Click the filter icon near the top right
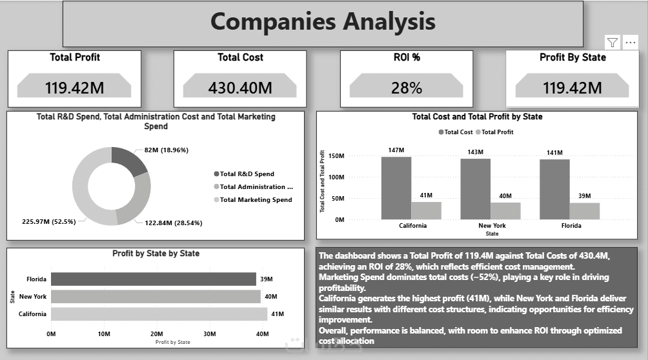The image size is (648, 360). click(x=613, y=43)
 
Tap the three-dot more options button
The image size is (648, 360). click(x=631, y=43)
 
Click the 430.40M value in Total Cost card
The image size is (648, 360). click(x=240, y=87)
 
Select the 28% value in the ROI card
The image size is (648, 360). click(x=407, y=87)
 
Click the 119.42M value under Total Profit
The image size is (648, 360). click(x=74, y=87)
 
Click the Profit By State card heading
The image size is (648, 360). click(x=572, y=57)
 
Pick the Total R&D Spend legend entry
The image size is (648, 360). click(x=247, y=174)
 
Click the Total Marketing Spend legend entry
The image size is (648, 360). click(x=256, y=199)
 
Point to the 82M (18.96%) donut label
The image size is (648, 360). click(x=167, y=150)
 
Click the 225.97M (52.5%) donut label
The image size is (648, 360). click(x=49, y=221)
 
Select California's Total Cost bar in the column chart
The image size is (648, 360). click(x=396, y=188)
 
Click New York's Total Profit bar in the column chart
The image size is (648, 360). click(x=505, y=210)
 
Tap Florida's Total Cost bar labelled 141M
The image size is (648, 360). click(x=554, y=189)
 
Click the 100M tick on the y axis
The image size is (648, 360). click(x=337, y=177)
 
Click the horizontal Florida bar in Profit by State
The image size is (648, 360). click(x=154, y=279)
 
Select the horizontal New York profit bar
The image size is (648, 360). click(x=155, y=297)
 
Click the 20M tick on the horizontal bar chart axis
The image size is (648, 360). click(x=157, y=334)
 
